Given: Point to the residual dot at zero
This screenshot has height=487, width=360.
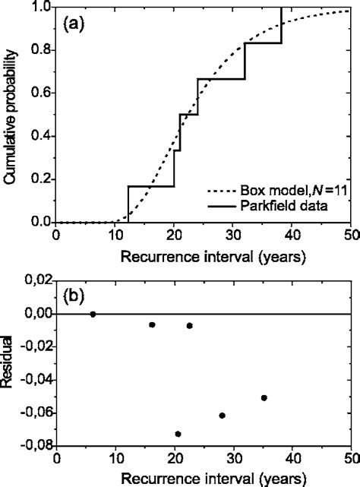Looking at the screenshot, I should point(93,314).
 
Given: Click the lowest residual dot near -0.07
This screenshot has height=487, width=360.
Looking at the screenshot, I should point(178,434).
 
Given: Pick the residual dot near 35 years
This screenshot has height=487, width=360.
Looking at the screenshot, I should point(264,397).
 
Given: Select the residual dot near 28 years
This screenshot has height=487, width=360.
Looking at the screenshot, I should point(222,415).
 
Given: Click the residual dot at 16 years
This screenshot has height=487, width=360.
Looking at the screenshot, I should point(152,324).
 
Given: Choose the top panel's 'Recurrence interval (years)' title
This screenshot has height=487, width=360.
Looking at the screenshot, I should point(201,257).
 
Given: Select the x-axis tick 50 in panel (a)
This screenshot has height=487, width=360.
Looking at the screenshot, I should point(349,237).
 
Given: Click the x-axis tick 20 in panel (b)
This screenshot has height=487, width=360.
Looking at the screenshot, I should point(175,459).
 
